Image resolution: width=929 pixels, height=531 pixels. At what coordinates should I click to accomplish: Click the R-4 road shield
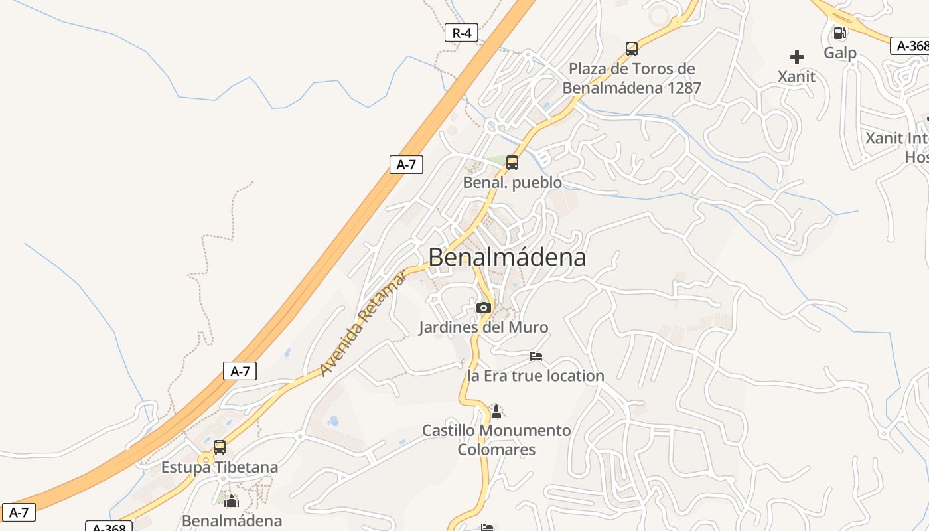click(x=461, y=33)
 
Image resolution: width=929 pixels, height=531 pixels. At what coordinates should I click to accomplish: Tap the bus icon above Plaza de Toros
click(x=631, y=48)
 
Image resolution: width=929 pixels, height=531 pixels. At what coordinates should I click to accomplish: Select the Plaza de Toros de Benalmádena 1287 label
click(x=632, y=78)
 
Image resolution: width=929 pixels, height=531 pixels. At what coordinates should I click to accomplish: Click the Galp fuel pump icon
click(x=839, y=33)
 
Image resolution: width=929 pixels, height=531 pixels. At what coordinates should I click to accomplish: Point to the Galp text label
click(x=840, y=53)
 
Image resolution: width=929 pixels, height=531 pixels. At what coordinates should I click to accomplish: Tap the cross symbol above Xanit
click(x=797, y=57)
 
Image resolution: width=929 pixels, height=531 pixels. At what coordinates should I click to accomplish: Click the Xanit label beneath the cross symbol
click(x=796, y=76)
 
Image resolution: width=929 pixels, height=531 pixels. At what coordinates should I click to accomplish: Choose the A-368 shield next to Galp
click(x=910, y=46)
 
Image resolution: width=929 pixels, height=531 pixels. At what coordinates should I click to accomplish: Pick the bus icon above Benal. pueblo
click(x=512, y=162)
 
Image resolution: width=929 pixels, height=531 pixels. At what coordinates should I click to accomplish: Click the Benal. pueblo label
click(x=512, y=182)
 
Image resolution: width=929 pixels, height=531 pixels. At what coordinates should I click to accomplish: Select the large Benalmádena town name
click(x=508, y=258)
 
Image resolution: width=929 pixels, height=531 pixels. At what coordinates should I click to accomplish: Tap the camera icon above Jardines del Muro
click(x=484, y=307)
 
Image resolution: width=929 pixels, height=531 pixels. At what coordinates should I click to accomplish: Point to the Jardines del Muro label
click(x=484, y=327)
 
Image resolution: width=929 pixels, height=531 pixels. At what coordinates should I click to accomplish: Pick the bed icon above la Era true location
click(x=536, y=356)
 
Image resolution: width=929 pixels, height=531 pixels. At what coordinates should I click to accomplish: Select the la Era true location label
click(x=536, y=376)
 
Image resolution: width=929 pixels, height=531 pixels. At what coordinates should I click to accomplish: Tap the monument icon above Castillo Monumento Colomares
click(x=496, y=412)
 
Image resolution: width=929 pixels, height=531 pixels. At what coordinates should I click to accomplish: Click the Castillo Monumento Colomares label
click(x=496, y=440)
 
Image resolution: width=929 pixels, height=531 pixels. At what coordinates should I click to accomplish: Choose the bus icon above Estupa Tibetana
click(x=220, y=447)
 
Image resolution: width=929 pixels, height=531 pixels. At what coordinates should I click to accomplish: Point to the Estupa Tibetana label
click(x=220, y=467)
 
